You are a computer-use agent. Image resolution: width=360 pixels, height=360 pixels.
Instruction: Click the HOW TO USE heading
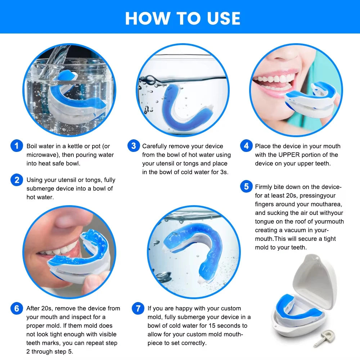pyautogui.click(x=183, y=18)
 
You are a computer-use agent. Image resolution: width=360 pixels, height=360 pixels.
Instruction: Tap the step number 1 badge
pyautogui.click(x=17, y=146)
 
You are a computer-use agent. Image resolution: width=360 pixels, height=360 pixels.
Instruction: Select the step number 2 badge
pyautogui.click(x=17, y=180)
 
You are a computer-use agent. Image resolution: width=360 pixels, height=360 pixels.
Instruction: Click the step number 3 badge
pyautogui.click(x=134, y=146)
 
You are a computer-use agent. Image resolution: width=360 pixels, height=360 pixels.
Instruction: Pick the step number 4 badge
pyautogui.click(x=246, y=146)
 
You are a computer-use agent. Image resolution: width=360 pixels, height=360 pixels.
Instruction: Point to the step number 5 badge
pyautogui.click(x=246, y=186)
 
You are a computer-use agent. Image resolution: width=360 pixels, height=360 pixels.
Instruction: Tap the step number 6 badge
pyautogui.click(x=17, y=309)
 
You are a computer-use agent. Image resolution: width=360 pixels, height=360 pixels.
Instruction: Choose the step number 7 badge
pyautogui.click(x=138, y=309)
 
